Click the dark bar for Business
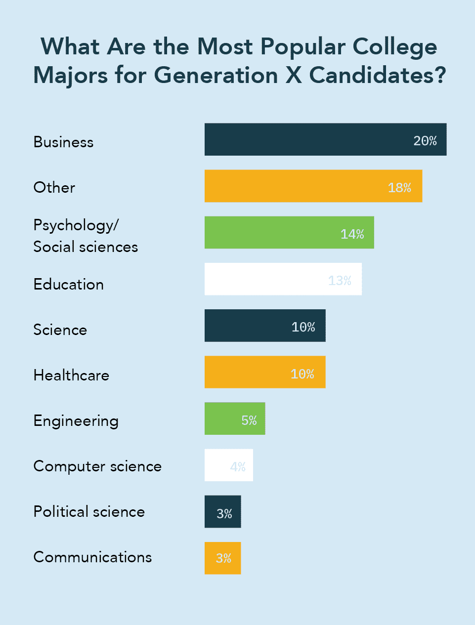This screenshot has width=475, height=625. pyautogui.click(x=306, y=139)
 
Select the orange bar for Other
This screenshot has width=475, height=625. pyautogui.click(x=297, y=186)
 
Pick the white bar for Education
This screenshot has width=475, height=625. pyautogui.click(x=267, y=279)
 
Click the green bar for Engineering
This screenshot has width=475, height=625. pyautogui.click(x=222, y=418)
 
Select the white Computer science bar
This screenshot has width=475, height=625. pyautogui.click(x=217, y=465)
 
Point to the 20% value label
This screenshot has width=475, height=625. pyautogui.click(x=425, y=141)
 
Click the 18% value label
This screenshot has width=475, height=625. pyautogui.click(x=399, y=188)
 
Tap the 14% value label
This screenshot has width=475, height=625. pyautogui.click(x=352, y=234)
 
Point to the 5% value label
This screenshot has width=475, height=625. pyautogui.click(x=249, y=420)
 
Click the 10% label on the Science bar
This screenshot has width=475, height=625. pyautogui.click(x=303, y=327)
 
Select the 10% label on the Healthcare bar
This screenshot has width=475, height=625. pyautogui.click(x=302, y=374)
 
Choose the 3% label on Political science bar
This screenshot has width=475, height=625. pyautogui.click(x=224, y=514)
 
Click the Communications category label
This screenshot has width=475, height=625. pyautogui.click(x=92, y=557)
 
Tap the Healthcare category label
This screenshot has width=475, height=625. pyautogui.click(x=71, y=375)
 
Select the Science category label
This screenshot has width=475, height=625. pyautogui.click(x=60, y=330)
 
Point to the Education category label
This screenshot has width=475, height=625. pyautogui.click(x=68, y=285)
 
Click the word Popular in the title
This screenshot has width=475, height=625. pyautogui.click(x=303, y=47)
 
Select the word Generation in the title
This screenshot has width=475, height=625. pyautogui.click(x=216, y=76)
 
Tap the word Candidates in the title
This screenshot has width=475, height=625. pyautogui.click(x=378, y=76)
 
